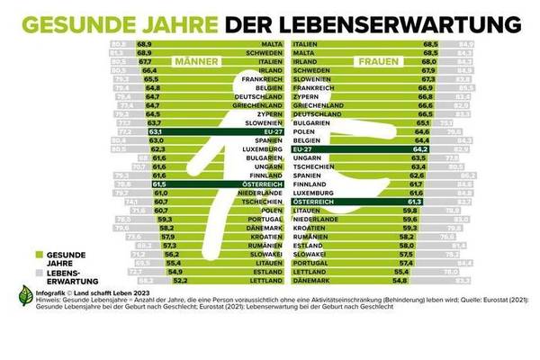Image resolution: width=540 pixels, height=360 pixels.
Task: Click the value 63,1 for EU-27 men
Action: (x=157, y=131)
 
